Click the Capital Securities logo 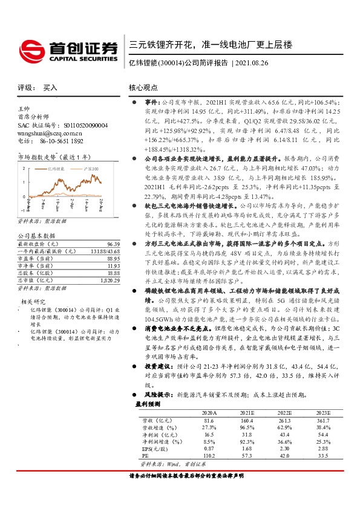tap(67, 50)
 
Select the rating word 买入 tap(50, 88)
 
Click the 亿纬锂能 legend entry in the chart tap(55, 169)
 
